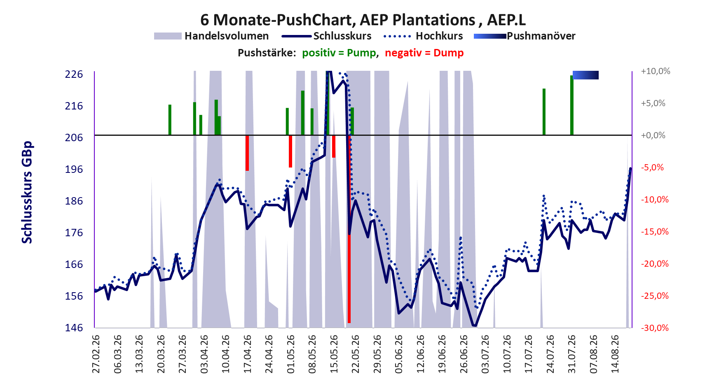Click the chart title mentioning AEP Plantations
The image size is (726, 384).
[363, 19]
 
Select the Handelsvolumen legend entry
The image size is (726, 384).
[211, 36]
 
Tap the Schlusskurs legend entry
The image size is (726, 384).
[327, 36]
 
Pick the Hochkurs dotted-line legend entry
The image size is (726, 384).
[423, 36]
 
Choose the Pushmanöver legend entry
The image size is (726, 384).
[525, 36]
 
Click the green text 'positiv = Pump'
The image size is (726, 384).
[340, 53]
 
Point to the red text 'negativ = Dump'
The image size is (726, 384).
[424, 53]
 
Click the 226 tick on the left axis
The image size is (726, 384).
[74, 74]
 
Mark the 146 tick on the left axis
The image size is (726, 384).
[74, 328]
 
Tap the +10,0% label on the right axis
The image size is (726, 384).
[656, 71]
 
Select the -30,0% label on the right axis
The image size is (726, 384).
[654, 328]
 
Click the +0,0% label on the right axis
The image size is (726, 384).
[653, 135]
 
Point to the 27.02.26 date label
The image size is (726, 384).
[96, 354]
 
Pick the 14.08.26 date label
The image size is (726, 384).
[615, 354]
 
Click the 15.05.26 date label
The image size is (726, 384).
[334, 354]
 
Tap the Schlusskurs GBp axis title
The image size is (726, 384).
[27, 193]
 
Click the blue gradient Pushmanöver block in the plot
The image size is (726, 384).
[585, 75]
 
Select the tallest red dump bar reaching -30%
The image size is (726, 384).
[349, 229]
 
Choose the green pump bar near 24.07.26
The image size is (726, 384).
[544, 112]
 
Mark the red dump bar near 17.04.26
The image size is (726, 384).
[247, 153]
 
